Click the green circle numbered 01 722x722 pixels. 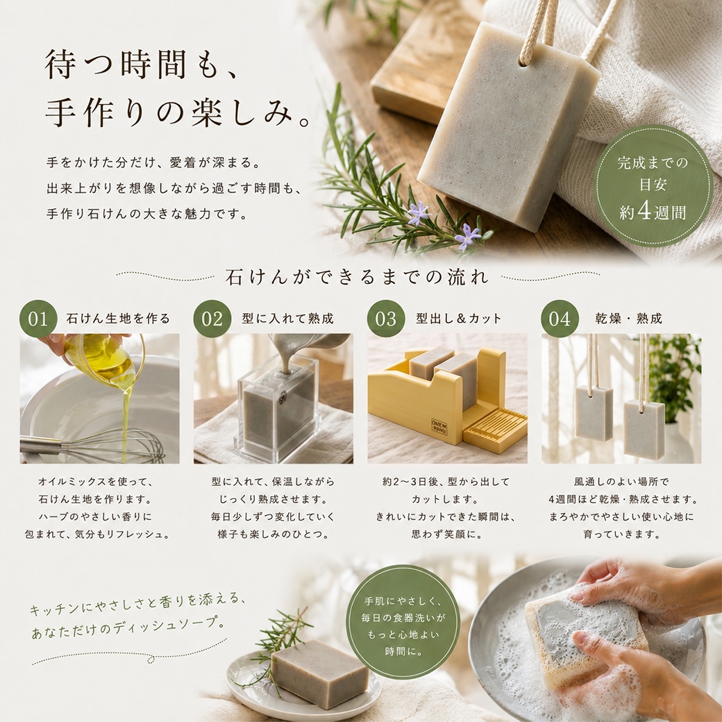tap(38, 319)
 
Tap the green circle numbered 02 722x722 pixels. tap(212, 319)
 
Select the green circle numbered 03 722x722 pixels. tap(386, 319)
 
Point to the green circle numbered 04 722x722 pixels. tap(560, 319)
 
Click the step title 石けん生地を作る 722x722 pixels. tap(118, 319)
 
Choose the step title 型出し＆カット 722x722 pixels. tap(459, 319)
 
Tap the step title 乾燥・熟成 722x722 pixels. tap(628, 319)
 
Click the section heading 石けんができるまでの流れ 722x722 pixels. tap(357, 277)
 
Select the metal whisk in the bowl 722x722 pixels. tap(92, 446)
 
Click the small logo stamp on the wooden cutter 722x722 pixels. tap(439, 424)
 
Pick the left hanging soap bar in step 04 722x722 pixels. tap(594, 413)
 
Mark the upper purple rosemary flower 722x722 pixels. tap(419, 212)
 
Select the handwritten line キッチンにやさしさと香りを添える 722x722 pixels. tap(137, 603)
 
